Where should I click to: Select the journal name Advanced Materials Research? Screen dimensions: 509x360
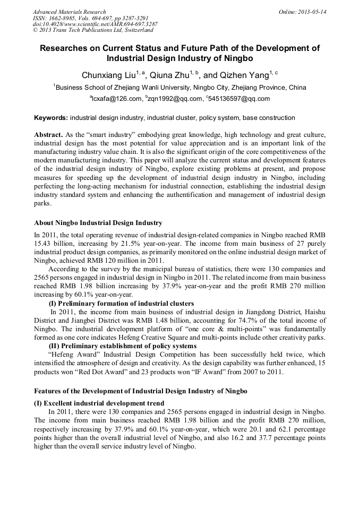pos(69,12)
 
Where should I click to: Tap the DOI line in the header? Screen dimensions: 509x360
pos(95,24)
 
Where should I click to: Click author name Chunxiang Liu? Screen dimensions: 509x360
pos(108,75)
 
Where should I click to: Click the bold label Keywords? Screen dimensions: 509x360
pos(51,117)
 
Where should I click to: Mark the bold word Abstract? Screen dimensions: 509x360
pos(48,135)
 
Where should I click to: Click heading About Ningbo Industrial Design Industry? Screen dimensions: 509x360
pos(98,222)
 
